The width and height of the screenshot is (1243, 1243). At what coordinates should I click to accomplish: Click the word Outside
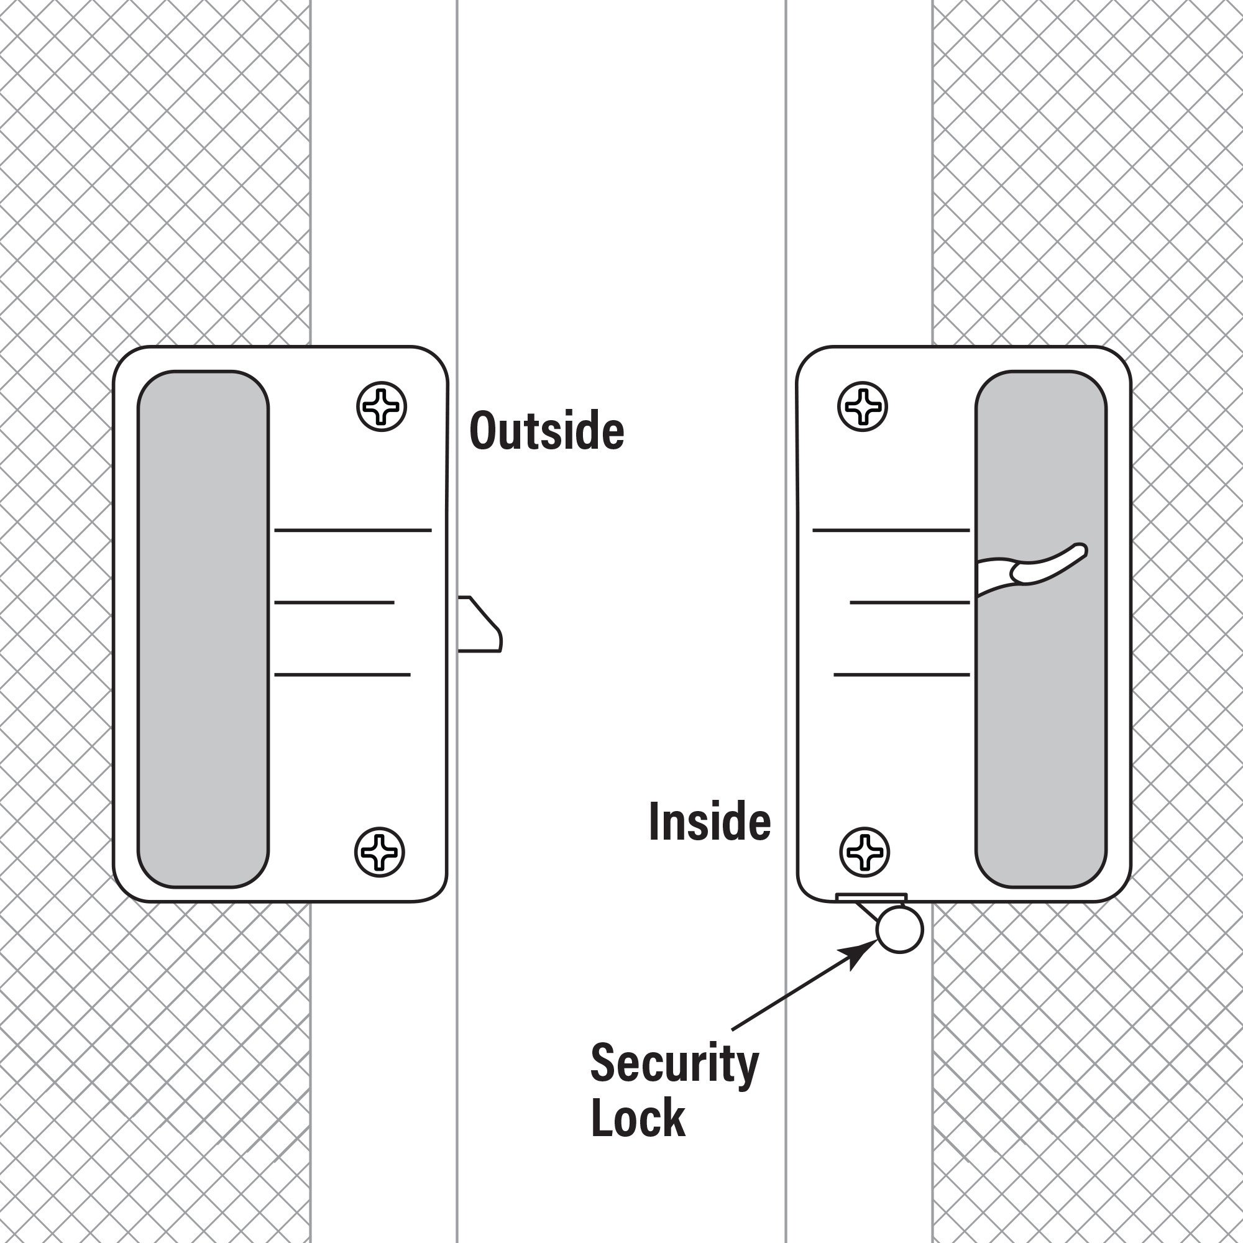(546, 431)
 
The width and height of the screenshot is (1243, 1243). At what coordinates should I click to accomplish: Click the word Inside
(709, 822)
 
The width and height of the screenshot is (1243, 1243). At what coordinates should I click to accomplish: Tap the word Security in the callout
(674, 1065)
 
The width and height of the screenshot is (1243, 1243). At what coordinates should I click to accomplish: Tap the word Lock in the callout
(637, 1119)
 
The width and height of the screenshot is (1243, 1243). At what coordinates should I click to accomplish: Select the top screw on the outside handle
(382, 406)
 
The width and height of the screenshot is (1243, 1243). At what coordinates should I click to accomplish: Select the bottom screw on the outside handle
(380, 852)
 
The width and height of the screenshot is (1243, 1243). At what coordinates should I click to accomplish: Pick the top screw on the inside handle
(862, 406)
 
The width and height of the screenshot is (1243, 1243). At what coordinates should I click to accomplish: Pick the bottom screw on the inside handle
(865, 852)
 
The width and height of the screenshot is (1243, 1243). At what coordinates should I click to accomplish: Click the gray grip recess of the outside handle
(203, 628)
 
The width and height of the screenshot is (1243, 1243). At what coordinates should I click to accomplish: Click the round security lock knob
(899, 929)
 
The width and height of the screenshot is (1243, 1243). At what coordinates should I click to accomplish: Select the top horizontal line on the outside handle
(352, 530)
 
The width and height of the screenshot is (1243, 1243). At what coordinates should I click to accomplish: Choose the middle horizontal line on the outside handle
(334, 603)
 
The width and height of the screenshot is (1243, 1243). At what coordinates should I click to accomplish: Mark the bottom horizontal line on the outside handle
(342, 675)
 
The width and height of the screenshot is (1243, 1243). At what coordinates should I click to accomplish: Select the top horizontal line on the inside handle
(891, 530)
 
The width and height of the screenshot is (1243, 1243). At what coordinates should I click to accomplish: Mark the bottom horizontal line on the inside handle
(901, 675)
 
